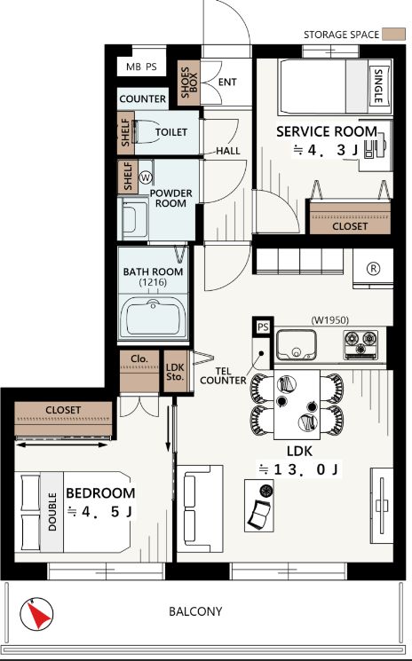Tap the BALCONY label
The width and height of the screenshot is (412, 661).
click(x=195, y=611)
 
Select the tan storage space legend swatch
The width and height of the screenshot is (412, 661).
click(x=393, y=35)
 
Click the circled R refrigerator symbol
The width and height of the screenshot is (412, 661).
click(x=373, y=269)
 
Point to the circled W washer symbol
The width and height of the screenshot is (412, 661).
click(x=146, y=177)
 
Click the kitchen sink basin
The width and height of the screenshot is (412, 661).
click(x=297, y=344)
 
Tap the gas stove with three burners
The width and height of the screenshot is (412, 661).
click(x=360, y=344)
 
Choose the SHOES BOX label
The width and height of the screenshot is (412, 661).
click(x=188, y=83)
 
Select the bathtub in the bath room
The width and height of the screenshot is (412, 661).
click(x=153, y=317)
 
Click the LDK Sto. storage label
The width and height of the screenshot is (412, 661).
click(x=175, y=372)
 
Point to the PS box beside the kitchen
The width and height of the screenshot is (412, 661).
click(x=263, y=327)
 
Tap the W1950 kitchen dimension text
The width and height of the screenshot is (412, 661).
click(x=330, y=320)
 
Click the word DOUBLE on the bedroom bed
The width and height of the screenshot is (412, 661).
click(x=52, y=512)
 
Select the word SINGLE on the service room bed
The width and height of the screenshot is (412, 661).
click(x=378, y=86)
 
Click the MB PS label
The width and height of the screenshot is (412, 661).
click(x=141, y=67)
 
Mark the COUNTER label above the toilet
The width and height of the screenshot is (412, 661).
click(x=143, y=99)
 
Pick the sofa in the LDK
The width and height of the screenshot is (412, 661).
click(x=200, y=508)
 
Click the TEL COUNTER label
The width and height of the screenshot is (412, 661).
click(x=223, y=375)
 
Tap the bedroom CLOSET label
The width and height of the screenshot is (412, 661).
click(x=63, y=410)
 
